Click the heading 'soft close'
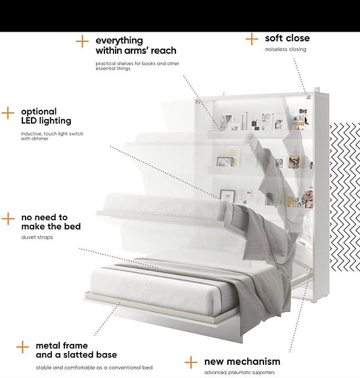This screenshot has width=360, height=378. (x=287, y=38)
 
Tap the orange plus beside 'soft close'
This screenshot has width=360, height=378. (x=252, y=39)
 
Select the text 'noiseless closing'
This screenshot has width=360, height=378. (x=286, y=49)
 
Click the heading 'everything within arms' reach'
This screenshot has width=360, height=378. (x=136, y=45)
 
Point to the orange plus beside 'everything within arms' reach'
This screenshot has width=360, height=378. (x=82, y=41)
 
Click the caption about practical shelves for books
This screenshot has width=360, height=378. (x=137, y=66)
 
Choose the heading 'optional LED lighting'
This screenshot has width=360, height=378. (x=46, y=116)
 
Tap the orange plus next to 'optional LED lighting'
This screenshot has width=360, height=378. (x=8, y=113)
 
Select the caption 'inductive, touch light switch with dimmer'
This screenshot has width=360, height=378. (x=52, y=136)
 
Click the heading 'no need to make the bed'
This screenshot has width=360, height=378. (x=51, y=222)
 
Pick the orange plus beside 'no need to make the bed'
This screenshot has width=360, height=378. (x=8, y=219)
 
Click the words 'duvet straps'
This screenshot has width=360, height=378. (x=37, y=237)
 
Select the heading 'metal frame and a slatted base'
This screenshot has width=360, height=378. (x=76, y=350)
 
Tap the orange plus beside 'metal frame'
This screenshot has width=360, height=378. (x=22, y=347)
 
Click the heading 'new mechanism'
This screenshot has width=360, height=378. (x=242, y=362)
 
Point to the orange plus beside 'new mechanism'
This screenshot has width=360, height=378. (x=191, y=362)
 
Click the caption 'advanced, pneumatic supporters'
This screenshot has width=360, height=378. (x=239, y=373)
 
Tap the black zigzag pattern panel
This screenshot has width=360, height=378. (x=345, y=197)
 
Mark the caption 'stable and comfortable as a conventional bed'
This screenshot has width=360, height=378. (x=94, y=367)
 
